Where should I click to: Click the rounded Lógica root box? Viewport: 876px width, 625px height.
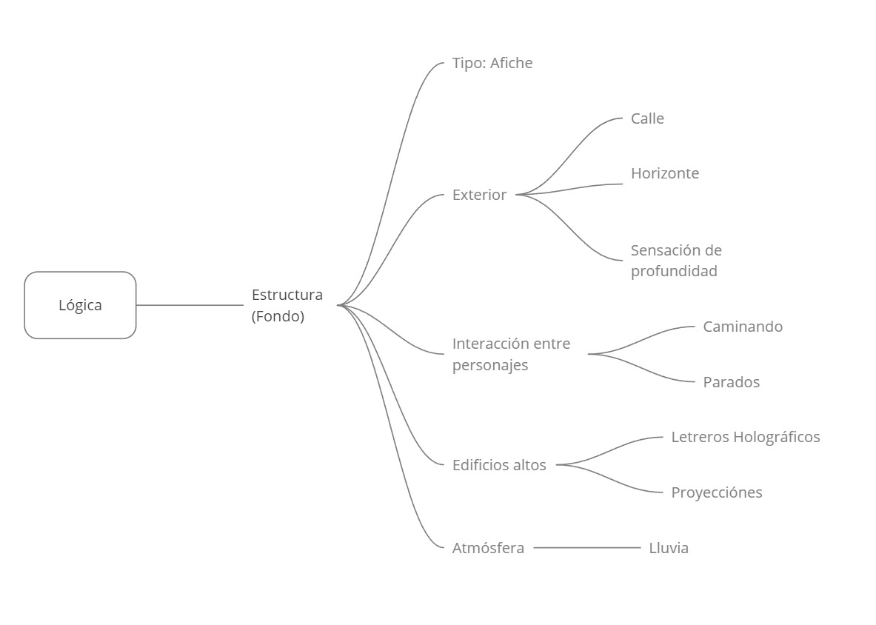tap(80, 305)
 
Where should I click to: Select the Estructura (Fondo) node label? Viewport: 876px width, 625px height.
tap(287, 305)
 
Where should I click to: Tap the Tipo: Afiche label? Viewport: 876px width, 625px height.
tap(492, 63)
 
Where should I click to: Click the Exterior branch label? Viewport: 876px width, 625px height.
tap(479, 195)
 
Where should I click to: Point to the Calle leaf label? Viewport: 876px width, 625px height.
tap(647, 118)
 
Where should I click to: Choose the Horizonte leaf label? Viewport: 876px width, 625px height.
tap(665, 173)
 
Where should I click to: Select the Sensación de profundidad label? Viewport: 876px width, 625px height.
tap(676, 261)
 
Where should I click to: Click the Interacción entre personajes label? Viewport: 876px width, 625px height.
tap(511, 354)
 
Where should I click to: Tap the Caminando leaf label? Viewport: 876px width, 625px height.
tap(743, 327)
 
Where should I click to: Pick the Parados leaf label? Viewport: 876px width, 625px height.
tap(732, 382)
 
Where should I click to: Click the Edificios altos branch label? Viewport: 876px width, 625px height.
tap(499, 465)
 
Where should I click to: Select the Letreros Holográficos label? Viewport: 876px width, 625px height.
tap(746, 437)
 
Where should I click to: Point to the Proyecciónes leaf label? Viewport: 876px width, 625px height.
tap(717, 492)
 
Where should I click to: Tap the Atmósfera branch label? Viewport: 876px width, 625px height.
tap(488, 548)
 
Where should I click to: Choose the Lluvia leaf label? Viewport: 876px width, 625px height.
tap(669, 548)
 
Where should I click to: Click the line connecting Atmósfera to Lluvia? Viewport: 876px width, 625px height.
tap(586, 548)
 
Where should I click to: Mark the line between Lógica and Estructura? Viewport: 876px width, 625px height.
tap(190, 305)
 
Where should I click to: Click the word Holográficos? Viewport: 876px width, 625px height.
tap(777, 437)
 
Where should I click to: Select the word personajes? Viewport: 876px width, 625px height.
tap(490, 365)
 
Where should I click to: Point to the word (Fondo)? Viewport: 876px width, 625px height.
tap(278, 316)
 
